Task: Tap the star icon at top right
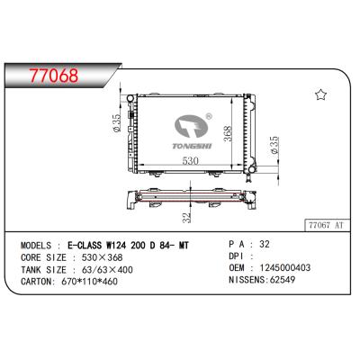319,93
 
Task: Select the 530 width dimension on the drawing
188,160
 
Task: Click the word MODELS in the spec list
39,243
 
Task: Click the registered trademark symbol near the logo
209,115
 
